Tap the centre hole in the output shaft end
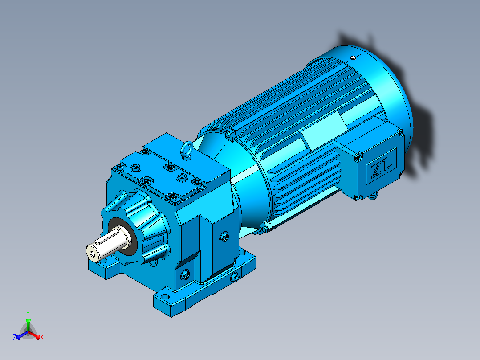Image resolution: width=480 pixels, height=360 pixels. point(92,253)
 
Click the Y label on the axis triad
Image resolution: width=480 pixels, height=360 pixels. point(28,314)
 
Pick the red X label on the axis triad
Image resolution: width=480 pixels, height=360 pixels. point(42,338)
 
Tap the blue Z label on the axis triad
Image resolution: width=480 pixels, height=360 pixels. point(14,337)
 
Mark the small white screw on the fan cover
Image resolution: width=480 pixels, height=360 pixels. point(353,57)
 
